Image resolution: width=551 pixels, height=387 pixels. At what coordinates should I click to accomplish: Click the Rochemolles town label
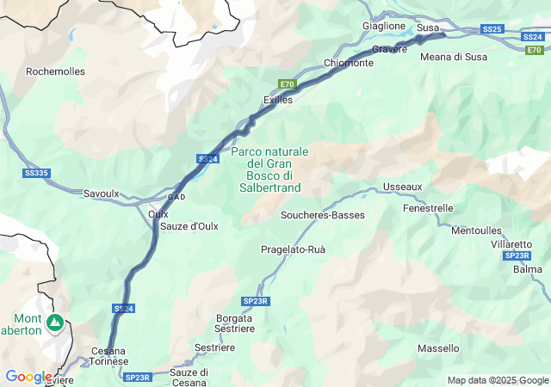click(x=56, y=71)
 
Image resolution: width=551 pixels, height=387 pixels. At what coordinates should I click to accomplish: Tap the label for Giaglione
click(x=384, y=26)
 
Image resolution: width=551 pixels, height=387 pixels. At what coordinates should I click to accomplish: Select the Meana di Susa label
click(x=454, y=57)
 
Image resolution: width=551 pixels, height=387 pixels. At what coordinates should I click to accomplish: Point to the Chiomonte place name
click(x=349, y=63)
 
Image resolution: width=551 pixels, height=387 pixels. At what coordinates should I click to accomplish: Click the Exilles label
click(x=278, y=100)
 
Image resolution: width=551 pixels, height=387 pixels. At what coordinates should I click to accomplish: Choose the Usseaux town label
click(x=403, y=187)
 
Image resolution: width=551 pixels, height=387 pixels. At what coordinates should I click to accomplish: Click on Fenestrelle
click(x=428, y=208)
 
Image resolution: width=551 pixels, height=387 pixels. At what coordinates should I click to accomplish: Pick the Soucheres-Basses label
click(x=324, y=215)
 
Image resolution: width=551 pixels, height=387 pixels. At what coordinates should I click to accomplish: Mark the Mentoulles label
click(x=476, y=230)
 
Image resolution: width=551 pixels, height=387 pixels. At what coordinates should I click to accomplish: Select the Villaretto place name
click(x=511, y=244)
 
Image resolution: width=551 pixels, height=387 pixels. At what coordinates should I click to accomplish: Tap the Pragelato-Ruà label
click(x=293, y=249)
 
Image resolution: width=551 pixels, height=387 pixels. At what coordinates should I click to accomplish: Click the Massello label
click(x=438, y=348)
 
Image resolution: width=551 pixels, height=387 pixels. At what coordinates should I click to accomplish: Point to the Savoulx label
click(x=102, y=193)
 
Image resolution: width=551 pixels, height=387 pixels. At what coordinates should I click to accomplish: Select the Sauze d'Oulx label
click(x=189, y=226)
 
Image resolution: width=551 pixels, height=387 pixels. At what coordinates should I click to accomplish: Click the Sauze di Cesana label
click(x=189, y=378)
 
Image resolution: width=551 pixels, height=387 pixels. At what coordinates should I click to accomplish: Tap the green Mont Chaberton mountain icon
click(x=55, y=322)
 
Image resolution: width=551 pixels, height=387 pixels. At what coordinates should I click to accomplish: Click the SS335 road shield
click(x=36, y=173)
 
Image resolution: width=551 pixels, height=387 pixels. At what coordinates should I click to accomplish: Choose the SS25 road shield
click(x=492, y=29)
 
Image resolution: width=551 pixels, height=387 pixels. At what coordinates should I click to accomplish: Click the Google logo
click(x=29, y=377)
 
